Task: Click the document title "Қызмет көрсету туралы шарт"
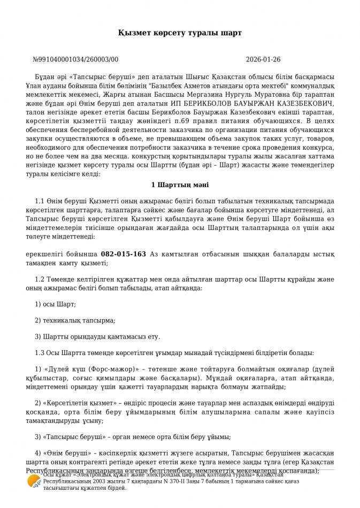point(180,33)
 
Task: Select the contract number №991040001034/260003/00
point(75,60)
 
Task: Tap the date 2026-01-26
point(263,60)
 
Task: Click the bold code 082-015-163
point(123,254)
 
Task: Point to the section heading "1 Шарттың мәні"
point(180,185)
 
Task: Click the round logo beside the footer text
point(34,481)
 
